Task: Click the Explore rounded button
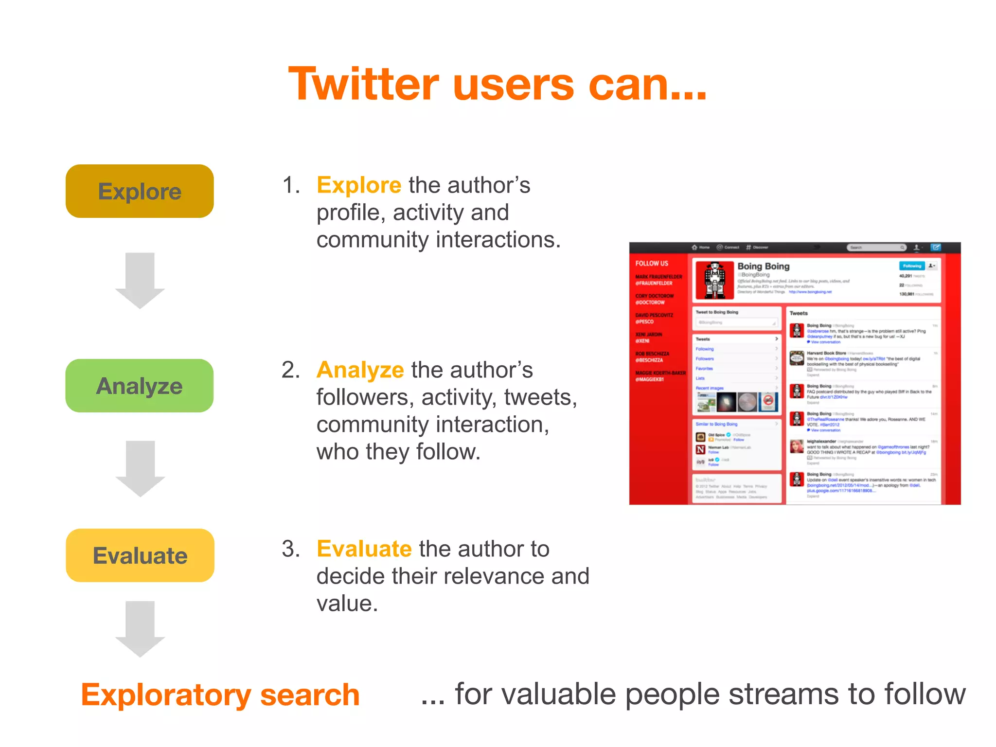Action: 140,191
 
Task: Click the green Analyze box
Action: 140,386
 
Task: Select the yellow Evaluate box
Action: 140,555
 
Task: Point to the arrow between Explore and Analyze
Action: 140,280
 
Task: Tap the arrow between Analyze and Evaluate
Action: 140,468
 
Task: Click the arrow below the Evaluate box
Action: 140,628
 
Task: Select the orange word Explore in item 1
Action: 359,185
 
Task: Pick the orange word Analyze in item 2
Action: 360,370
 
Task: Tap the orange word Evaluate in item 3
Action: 364,549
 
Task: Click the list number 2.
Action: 291,370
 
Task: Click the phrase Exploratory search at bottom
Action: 220,694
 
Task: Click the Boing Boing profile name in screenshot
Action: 763,266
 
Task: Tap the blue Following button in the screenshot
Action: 911,266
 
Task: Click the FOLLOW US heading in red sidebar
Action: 652,264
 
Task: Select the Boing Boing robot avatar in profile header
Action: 714,280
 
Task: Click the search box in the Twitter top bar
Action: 876,248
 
